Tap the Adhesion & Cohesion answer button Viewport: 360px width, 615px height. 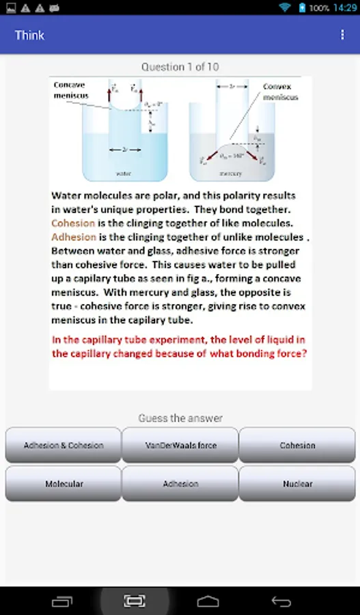pos(64,445)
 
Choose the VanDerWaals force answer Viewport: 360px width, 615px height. pos(180,445)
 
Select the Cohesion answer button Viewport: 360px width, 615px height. pos(297,445)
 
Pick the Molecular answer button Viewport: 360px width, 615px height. pos(64,483)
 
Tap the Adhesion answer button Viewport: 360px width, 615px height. pos(180,483)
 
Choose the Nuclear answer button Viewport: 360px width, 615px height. pos(297,483)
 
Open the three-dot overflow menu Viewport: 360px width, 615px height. pos(342,35)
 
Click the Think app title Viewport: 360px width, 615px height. pos(29,35)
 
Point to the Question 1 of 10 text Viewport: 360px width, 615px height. pos(180,67)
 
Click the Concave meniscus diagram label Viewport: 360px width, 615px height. pos(71,90)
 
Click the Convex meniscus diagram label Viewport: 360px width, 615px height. pos(281,92)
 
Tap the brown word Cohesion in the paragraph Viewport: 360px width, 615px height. pos(73,223)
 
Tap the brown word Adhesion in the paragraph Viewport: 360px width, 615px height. pos(74,236)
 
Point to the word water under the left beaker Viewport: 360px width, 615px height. pos(124,174)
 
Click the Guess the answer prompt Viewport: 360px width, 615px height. pos(180,418)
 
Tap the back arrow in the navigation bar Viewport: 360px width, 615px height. pos(281,601)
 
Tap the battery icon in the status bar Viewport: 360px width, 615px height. pos(301,8)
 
